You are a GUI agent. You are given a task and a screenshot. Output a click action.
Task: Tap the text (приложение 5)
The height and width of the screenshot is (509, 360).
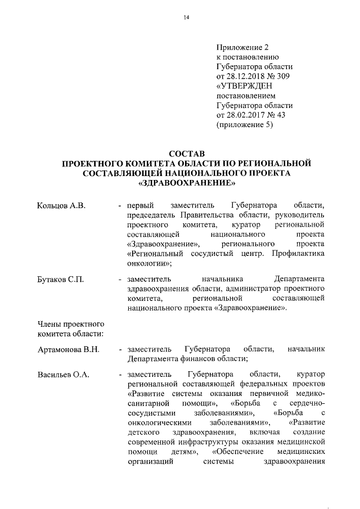tap(244, 126)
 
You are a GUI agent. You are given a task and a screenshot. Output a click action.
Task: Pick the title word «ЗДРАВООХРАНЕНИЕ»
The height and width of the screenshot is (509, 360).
tap(186, 183)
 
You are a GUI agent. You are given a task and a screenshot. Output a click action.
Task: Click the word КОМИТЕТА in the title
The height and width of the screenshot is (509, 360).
tap(142, 163)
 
